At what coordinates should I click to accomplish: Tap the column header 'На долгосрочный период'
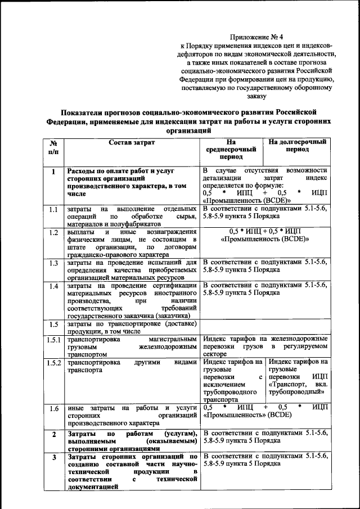point(297,147)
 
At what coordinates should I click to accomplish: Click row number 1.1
point(53,210)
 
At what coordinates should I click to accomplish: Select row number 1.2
point(53,233)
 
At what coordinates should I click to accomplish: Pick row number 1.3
point(53,263)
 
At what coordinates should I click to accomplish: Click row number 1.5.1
point(53,340)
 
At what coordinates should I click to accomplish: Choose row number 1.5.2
point(53,363)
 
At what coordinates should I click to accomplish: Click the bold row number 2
point(53,435)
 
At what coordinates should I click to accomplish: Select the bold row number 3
point(53,458)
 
